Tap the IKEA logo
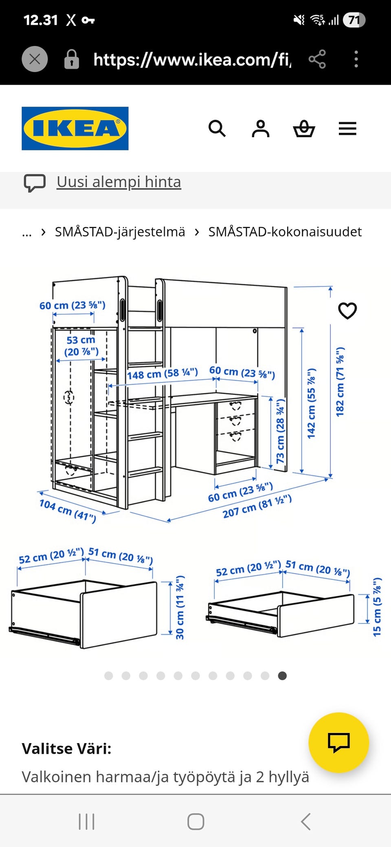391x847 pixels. point(75,128)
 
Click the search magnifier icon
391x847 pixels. point(217,129)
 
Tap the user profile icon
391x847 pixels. point(261,129)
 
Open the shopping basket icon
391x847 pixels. point(304,129)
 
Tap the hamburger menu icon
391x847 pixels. point(347,129)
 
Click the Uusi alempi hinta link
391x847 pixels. point(119,182)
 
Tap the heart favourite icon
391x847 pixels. point(347,311)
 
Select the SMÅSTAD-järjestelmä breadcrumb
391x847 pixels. point(120,232)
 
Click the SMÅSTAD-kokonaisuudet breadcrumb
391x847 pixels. point(285,232)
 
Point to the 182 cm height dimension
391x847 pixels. point(340,382)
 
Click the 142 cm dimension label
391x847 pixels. point(312,404)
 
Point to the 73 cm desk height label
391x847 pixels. point(281,431)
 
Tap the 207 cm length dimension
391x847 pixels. point(257,506)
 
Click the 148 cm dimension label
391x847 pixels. point(163,373)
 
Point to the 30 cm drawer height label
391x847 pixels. point(180,607)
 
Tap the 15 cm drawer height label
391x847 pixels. point(378,607)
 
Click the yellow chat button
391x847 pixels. point(339,742)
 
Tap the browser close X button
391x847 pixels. point(35,59)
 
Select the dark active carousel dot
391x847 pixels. point(282,676)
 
